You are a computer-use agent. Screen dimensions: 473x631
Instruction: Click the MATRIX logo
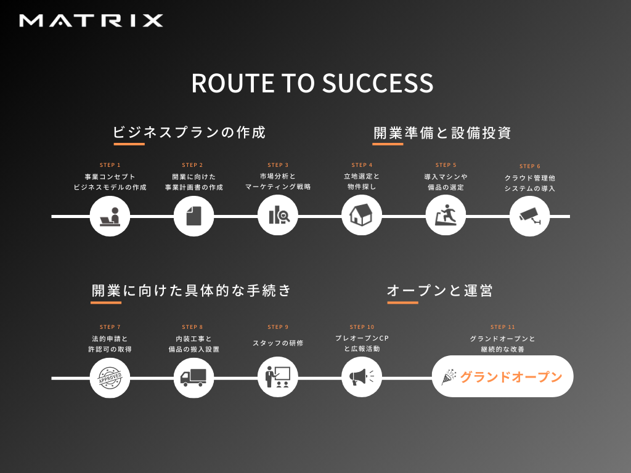pyautogui.click(x=91, y=21)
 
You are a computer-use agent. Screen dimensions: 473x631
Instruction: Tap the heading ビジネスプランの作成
pyautogui.click(x=189, y=132)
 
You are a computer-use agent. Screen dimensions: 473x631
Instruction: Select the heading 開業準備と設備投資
pyautogui.click(x=442, y=132)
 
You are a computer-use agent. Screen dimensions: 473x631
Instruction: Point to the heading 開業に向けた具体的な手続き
pyautogui.click(x=192, y=290)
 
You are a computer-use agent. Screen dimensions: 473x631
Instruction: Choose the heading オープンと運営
pyautogui.click(x=440, y=290)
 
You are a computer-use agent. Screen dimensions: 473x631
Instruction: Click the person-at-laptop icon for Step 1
pyautogui.click(x=110, y=216)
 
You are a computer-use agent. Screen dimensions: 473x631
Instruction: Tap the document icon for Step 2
pyautogui.click(x=193, y=216)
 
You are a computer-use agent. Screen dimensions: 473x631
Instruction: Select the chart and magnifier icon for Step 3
pyautogui.click(x=277, y=216)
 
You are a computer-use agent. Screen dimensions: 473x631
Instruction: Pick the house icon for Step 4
pyautogui.click(x=362, y=216)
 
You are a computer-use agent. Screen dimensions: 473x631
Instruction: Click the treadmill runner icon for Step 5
pyautogui.click(x=446, y=216)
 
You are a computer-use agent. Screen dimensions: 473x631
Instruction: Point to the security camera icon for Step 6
pyautogui.click(x=529, y=216)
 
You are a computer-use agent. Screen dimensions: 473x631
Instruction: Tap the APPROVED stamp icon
pyautogui.click(x=110, y=378)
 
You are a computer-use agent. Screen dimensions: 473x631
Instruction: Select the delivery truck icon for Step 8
pyautogui.click(x=193, y=378)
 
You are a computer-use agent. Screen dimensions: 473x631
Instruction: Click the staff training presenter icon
pyautogui.click(x=277, y=377)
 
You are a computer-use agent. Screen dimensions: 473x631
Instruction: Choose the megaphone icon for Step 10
pyautogui.click(x=362, y=377)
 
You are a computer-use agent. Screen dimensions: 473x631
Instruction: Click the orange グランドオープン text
pyautogui.click(x=511, y=377)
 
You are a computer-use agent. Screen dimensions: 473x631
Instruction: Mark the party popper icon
pyautogui.click(x=449, y=377)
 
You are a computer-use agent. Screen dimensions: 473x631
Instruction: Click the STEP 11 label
pyautogui.click(x=502, y=327)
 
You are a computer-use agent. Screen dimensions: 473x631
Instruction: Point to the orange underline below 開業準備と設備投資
pyautogui.click(x=388, y=144)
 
